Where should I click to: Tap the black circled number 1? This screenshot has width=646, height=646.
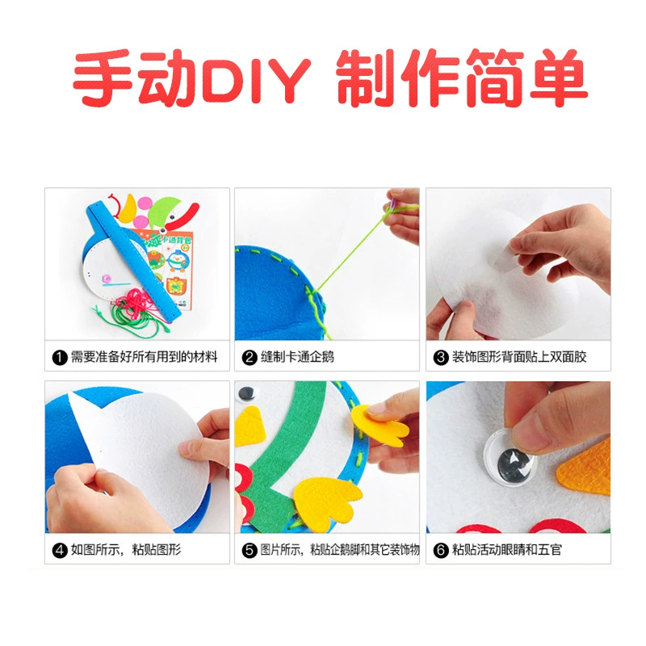tap(60, 357)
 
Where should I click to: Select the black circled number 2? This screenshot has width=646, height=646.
tap(250, 357)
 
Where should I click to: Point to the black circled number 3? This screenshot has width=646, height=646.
tap(440, 357)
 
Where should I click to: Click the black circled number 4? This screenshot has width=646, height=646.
tap(60, 550)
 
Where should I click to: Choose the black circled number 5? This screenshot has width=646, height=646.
tap(250, 550)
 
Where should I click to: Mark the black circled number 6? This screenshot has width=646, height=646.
tap(440, 550)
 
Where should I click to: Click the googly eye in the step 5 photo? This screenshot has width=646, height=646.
tap(246, 393)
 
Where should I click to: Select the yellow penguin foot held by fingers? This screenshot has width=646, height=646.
tap(379, 426)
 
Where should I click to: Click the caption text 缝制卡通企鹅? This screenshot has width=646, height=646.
tap(297, 357)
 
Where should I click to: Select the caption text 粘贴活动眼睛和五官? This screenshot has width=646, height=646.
tap(507, 550)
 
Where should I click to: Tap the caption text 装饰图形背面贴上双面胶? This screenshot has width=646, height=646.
tap(519, 357)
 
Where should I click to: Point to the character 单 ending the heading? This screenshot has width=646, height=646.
tap(558, 78)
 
